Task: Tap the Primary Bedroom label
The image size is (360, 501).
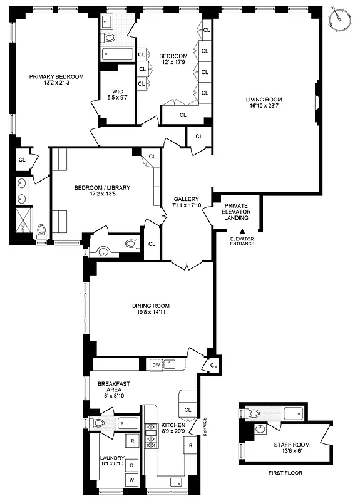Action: click(56, 77)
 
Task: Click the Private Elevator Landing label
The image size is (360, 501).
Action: click(237, 211)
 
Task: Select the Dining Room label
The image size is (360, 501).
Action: click(151, 306)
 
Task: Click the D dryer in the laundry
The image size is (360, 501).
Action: click(132, 465)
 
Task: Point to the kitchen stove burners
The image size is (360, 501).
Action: click(151, 440)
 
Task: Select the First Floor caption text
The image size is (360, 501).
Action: click(285, 473)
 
